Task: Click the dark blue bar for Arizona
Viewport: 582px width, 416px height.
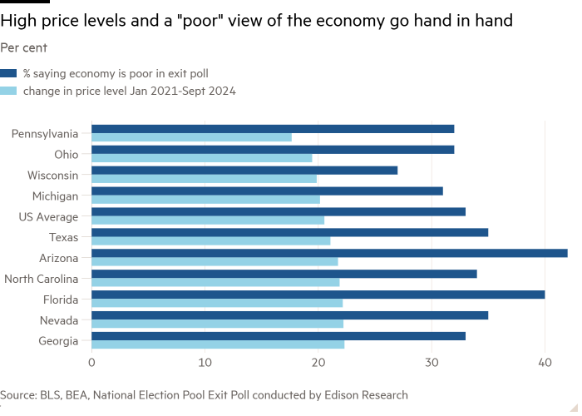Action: [x=329, y=253]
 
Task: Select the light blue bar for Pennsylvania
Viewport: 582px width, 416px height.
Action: [x=191, y=137]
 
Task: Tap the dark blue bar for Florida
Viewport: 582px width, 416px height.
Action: [x=318, y=295]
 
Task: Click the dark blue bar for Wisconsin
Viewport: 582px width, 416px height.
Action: [x=244, y=170]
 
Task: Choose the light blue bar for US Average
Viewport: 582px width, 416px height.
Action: [x=208, y=220]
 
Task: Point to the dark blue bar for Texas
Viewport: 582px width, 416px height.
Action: [x=289, y=232]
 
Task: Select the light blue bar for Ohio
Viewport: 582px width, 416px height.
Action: [x=202, y=158]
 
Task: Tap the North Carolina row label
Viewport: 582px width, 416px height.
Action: [x=42, y=279]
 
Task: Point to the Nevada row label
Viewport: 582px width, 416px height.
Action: [x=59, y=320]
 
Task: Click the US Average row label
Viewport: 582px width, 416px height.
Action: [x=48, y=216]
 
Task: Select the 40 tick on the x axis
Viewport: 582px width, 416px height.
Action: [x=545, y=363]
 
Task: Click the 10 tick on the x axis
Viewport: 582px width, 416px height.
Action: [x=205, y=363]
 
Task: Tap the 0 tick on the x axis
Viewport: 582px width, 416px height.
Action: [x=91, y=363]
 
